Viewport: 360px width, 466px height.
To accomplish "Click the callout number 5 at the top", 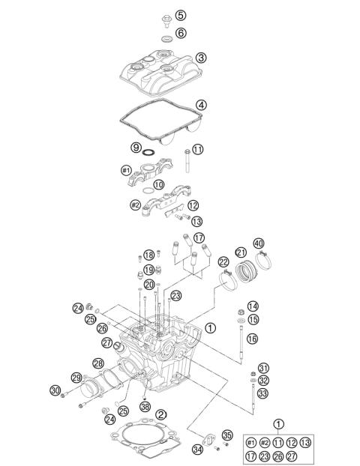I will point(181,15).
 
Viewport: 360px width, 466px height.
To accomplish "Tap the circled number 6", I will point(181,34).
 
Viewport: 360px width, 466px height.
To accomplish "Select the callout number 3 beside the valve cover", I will point(202,58).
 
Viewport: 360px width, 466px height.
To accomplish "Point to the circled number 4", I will point(201,105).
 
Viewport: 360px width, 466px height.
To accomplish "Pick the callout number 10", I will point(159,184).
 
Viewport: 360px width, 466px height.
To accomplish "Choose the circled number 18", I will point(149,255).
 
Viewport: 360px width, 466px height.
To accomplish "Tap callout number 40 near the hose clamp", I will point(259,243).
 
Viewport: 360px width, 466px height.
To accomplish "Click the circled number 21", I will point(241,252).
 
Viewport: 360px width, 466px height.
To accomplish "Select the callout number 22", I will point(223,261).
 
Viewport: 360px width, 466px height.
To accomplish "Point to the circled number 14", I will point(252,306).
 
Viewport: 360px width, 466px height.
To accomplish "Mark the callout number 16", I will point(252,339).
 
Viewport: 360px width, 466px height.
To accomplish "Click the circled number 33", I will point(262,393).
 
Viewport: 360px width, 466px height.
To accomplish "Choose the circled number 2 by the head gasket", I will point(161,414).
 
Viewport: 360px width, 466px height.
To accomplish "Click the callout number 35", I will point(228,435).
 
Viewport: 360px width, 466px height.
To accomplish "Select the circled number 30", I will point(55,390).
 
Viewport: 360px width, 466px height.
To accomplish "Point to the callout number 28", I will point(98,363).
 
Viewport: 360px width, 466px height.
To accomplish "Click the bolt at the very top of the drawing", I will point(163,14).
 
